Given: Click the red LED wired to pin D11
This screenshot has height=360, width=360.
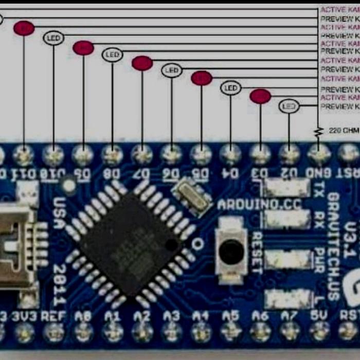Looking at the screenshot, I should [24, 28].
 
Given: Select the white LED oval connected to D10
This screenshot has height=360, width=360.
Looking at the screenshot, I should [53, 38].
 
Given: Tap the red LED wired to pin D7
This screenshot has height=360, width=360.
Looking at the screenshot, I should [142, 63].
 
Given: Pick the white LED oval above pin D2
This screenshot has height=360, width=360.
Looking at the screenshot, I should [289, 106].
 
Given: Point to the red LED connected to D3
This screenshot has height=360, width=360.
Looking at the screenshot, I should [260, 96].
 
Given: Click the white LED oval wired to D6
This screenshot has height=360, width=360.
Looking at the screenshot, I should [172, 70].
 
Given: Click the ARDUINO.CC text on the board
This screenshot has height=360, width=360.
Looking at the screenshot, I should [250, 204].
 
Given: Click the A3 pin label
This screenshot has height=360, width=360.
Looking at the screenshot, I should [172, 315].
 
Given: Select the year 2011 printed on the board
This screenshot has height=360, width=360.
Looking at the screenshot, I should [59, 283].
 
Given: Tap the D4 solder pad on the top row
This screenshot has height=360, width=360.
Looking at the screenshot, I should [231, 154].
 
